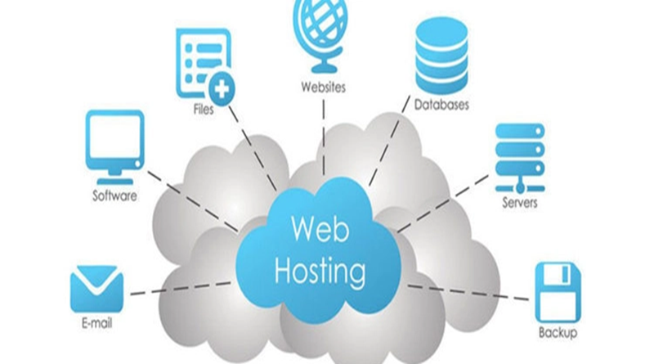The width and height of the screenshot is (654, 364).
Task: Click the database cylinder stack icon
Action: click(441, 56)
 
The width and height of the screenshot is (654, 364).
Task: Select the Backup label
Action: click(558, 333)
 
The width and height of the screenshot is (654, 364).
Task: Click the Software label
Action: click(114, 196)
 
